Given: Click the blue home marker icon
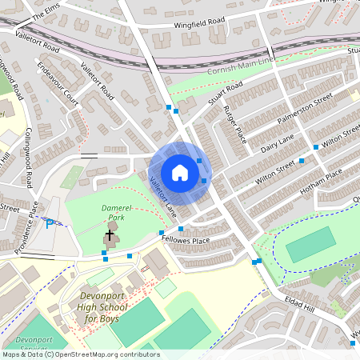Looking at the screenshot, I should pyautogui.click(x=180, y=173).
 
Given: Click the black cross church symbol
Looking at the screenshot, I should pyautogui.click(x=110, y=234).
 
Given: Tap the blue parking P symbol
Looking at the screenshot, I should pyautogui.click(x=50, y=223).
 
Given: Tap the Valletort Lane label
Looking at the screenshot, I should pyautogui.click(x=162, y=191).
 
